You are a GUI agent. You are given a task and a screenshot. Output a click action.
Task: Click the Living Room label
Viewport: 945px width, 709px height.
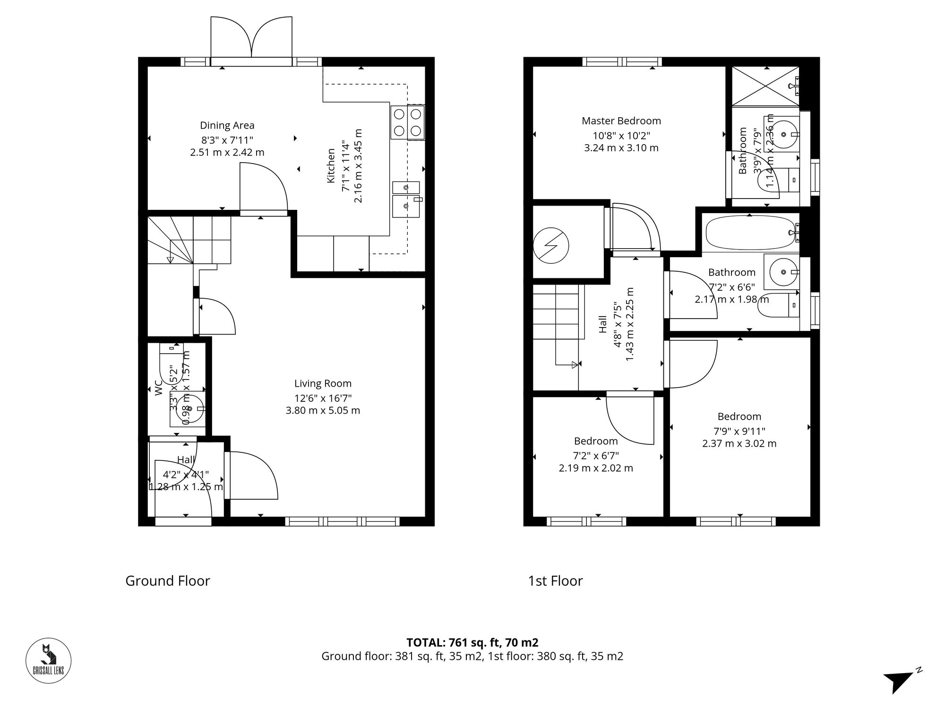[323, 383]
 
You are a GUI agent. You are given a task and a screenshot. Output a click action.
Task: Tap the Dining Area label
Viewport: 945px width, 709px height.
[227, 125]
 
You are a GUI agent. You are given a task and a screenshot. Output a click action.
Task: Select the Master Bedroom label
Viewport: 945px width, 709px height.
[621, 121]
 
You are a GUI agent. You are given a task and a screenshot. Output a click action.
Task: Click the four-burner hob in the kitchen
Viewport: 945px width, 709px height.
[407, 122]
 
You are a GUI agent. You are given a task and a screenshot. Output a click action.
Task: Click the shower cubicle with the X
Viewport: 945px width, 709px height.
[765, 86]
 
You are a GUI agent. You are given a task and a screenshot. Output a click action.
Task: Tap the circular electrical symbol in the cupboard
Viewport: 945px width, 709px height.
[550, 245]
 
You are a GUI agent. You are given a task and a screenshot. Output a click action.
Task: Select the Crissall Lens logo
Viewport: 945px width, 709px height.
[48, 660]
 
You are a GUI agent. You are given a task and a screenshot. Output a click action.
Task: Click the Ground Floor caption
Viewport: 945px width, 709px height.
[167, 581]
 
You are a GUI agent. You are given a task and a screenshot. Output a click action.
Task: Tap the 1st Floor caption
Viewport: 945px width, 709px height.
[555, 581]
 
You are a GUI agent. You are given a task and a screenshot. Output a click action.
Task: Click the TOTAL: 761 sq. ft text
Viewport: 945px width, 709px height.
[472, 642]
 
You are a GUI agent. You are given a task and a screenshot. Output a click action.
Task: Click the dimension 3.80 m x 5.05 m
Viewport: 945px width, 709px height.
[323, 410]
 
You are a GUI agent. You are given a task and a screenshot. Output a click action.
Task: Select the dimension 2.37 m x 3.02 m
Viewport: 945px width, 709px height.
[739, 443]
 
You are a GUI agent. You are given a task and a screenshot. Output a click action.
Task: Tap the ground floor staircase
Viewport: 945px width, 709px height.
[189, 240]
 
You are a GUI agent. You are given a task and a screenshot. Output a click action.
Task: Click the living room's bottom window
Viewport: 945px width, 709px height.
[342, 521]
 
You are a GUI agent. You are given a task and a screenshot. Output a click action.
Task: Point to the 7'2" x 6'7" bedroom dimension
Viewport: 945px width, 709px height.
[595, 456]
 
